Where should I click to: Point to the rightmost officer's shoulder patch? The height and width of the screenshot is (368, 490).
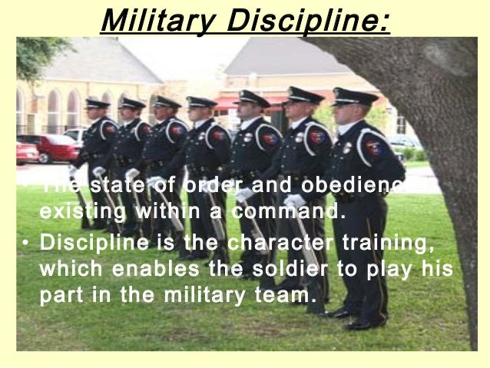click(374, 148)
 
